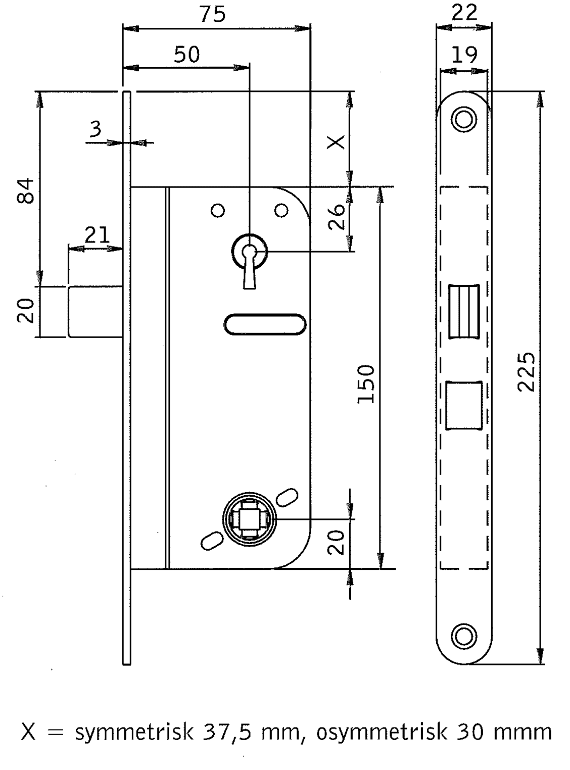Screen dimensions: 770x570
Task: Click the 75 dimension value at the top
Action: [212, 15]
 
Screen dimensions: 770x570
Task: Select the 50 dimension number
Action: [187, 54]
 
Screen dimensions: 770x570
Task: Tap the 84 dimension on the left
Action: [26, 190]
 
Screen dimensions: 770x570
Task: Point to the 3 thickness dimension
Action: [96, 129]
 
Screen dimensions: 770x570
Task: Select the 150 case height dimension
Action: [366, 384]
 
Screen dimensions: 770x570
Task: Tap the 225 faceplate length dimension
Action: [527, 372]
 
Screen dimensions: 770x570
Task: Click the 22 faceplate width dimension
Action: [464, 12]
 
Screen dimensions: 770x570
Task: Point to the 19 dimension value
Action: [464, 54]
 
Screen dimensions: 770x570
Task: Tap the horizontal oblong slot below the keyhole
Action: [265, 324]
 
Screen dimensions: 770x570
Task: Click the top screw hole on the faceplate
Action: [463, 119]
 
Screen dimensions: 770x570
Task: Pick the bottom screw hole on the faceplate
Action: [463, 637]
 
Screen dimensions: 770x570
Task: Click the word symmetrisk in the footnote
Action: [134, 731]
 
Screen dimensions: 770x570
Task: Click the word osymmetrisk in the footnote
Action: [382, 731]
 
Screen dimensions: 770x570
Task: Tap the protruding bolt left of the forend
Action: [96, 311]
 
